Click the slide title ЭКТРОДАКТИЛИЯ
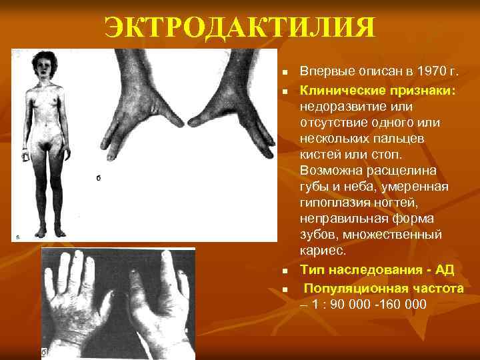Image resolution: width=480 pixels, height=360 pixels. pos(240,29)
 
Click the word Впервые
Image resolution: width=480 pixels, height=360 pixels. pos(325,71)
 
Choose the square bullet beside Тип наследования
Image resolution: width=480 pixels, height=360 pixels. pos(283,271)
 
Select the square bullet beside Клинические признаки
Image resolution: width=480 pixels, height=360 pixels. pos(283,89)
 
